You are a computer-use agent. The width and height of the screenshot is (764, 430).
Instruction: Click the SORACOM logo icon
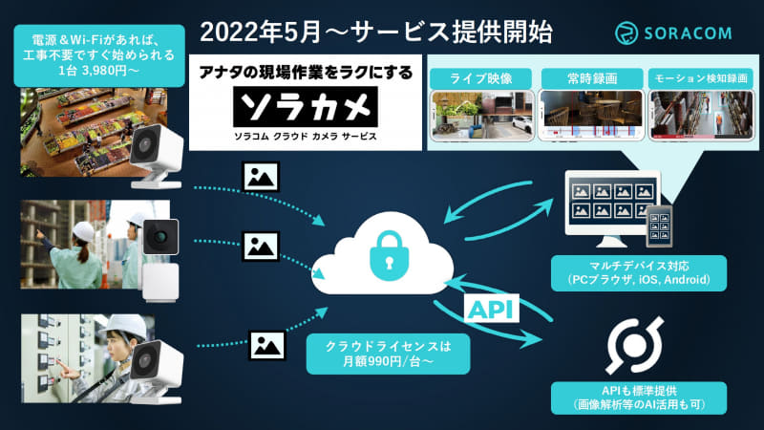626,33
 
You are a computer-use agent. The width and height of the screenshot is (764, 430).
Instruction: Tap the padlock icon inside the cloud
389,256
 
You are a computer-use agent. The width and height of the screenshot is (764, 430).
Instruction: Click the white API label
491,309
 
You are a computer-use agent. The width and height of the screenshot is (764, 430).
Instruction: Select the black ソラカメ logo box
306,107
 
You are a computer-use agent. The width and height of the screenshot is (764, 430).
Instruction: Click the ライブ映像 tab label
480,78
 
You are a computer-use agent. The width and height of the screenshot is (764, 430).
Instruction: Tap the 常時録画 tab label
592,78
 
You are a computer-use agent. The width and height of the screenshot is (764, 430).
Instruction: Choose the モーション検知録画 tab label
701,78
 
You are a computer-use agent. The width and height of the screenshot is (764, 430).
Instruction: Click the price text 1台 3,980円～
99,71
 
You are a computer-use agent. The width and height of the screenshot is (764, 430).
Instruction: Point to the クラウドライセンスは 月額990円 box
389,354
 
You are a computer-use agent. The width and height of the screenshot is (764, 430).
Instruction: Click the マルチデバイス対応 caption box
639,273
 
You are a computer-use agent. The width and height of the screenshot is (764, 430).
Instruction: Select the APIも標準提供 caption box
639,398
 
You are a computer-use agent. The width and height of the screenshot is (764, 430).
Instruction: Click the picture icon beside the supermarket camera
261,177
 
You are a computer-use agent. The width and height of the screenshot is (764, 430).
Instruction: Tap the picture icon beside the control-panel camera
267,345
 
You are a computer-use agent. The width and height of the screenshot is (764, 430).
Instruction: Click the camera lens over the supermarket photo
145,144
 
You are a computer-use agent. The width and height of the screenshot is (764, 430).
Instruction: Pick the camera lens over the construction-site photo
160,237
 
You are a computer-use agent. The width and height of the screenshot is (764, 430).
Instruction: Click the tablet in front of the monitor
659,226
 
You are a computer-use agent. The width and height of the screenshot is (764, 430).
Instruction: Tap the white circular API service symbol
634,345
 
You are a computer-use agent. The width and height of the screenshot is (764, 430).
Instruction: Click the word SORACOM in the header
688,33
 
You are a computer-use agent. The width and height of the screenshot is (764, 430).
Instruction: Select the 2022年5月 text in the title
261,32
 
